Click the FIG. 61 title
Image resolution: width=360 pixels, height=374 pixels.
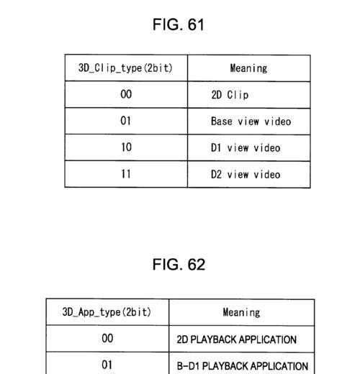[x=179, y=24]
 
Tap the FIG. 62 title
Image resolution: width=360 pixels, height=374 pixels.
[x=179, y=265]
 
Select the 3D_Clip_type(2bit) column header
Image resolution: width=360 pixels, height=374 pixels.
[x=125, y=68]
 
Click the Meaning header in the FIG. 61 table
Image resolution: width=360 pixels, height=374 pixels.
[x=248, y=68]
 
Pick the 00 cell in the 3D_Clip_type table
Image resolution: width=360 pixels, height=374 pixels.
[x=126, y=94]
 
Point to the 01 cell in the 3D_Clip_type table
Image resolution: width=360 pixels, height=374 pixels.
[x=125, y=121]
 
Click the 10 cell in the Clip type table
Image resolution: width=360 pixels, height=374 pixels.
[x=126, y=147]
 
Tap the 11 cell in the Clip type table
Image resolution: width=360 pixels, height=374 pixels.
[x=126, y=174]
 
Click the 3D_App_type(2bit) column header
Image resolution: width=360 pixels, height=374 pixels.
[x=107, y=312]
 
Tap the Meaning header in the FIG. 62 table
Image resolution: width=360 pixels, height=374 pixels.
[x=241, y=313]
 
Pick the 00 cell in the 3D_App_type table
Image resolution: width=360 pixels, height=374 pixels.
[x=107, y=338]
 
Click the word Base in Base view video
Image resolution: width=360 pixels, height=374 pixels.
[x=222, y=121]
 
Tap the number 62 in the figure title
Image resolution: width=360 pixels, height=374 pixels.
[x=197, y=265]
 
